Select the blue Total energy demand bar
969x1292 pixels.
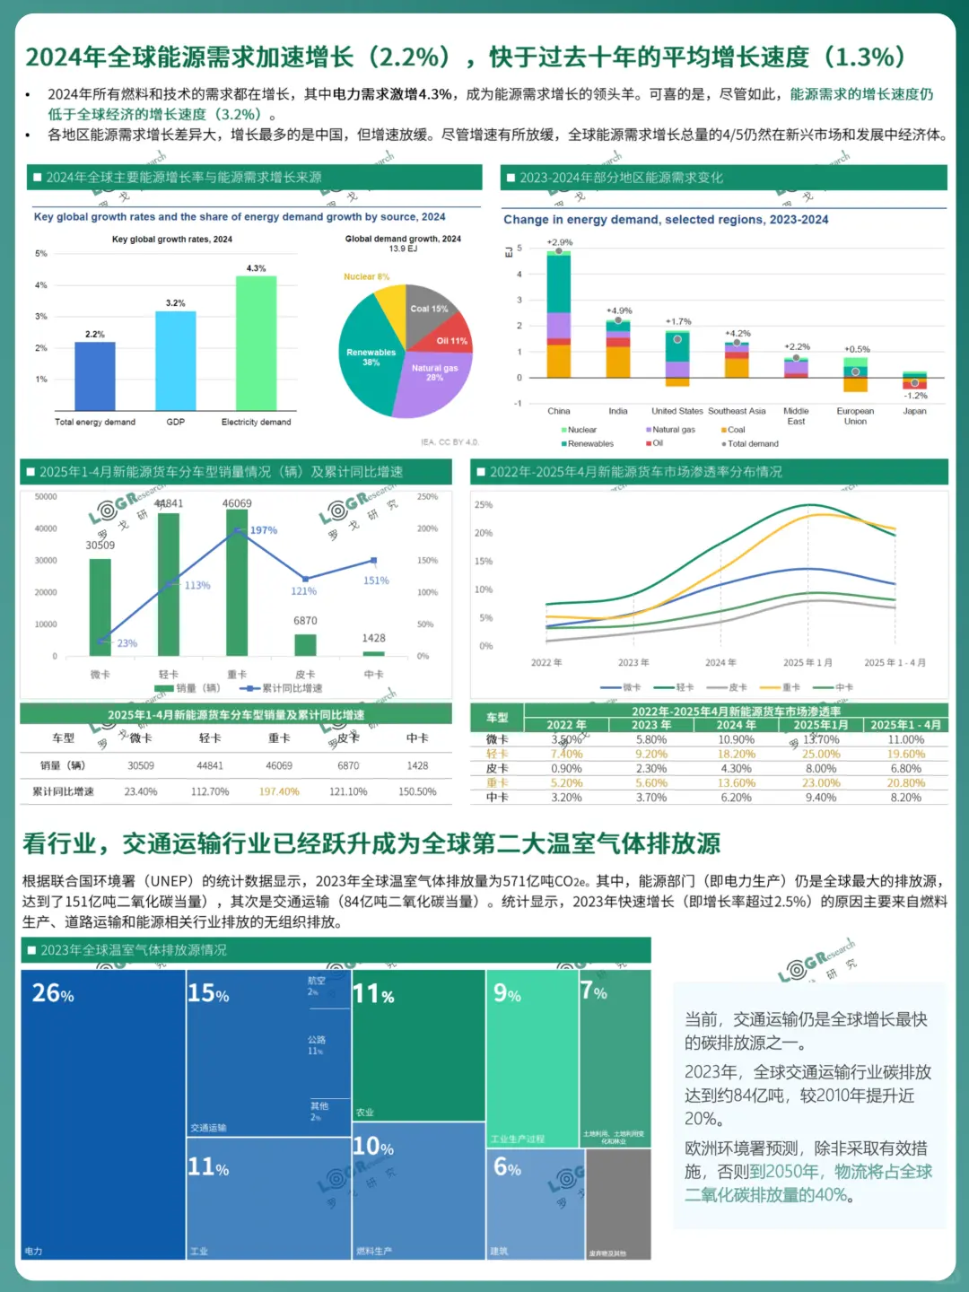(94, 376)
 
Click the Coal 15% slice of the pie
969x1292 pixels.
(428, 309)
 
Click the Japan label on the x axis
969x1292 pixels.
(914, 411)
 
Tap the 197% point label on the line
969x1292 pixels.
(264, 530)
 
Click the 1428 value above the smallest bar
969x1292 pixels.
(373, 638)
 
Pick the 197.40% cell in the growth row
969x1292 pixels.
(279, 791)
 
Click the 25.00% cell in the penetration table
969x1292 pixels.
(821, 754)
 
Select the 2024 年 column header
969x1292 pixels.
(736, 725)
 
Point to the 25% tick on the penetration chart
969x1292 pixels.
(484, 505)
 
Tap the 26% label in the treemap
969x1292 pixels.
(53, 993)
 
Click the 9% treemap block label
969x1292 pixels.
(507, 993)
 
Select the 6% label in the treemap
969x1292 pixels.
(507, 1167)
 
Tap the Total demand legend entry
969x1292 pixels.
(751, 443)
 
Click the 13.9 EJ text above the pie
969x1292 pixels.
(403, 249)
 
